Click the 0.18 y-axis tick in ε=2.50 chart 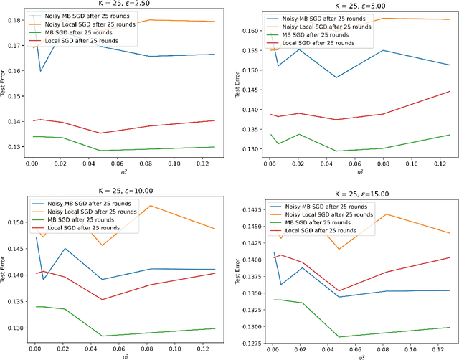coord(14,21)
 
